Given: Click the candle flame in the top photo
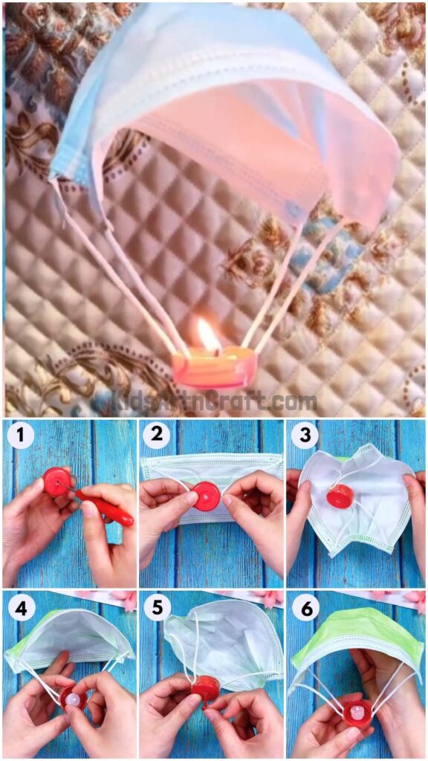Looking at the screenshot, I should (208, 335).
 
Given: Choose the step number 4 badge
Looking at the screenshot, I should (21, 607).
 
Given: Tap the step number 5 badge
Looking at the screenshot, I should (156, 607).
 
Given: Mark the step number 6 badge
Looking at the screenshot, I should (304, 607).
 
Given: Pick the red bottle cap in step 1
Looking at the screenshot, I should (56, 482).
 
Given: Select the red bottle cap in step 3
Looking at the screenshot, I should (340, 497).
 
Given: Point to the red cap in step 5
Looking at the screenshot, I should (205, 688).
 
